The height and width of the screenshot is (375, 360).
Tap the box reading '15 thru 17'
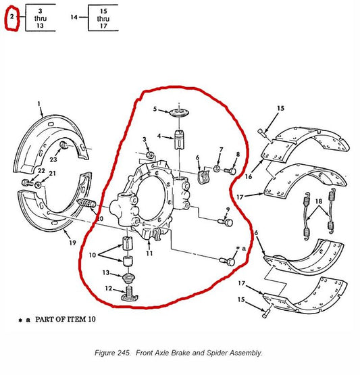click(x=103, y=16)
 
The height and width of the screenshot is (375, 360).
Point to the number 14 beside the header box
click(x=74, y=16)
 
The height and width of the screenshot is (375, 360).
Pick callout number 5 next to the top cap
click(x=155, y=108)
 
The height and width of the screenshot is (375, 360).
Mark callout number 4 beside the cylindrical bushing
click(x=159, y=136)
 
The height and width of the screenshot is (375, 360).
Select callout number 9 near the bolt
click(x=228, y=209)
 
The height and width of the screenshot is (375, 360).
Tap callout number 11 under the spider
click(x=149, y=253)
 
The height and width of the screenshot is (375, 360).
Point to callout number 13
click(x=106, y=272)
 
